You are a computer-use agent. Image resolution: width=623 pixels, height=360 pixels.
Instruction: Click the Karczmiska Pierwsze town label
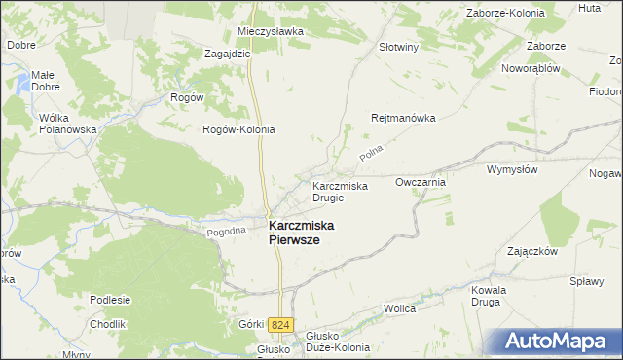click(x=301, y=233)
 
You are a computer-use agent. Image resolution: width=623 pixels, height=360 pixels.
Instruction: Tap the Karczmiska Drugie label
click(x=340, y=191)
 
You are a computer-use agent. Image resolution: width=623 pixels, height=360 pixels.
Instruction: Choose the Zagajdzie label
click(x=228, y=54)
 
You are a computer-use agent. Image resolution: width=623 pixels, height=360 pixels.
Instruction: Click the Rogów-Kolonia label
click(x=238, y=129)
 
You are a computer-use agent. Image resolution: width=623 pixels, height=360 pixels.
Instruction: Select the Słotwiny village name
click(x=398, y=46)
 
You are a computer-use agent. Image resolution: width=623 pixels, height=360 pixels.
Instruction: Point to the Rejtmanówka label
click(x=402, y=118)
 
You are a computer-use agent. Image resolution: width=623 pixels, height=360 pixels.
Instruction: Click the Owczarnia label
click(x=421, y=182)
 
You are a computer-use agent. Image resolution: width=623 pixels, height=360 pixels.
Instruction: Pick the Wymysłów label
click(x=512, y=168)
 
